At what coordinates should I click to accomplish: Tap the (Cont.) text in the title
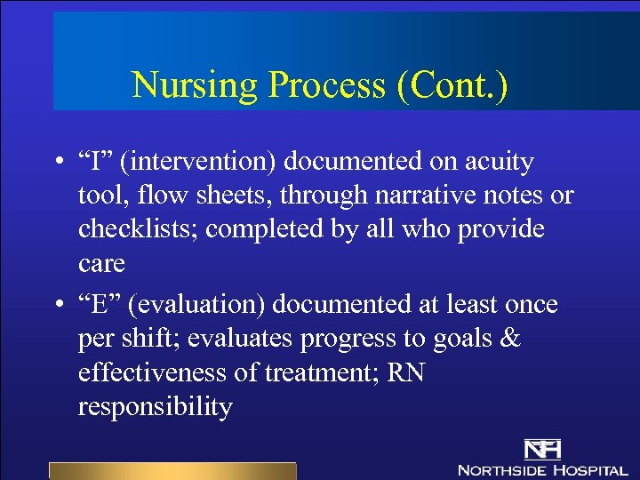click(452, 85)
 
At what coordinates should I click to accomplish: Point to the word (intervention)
click(197, 162)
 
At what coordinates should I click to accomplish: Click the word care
click(101, 262)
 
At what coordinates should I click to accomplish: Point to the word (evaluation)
click(199, 305)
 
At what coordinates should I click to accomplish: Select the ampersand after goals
click(508, 339)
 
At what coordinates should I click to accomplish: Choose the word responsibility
click(155, 407)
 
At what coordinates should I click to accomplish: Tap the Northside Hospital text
click(542, 468)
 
